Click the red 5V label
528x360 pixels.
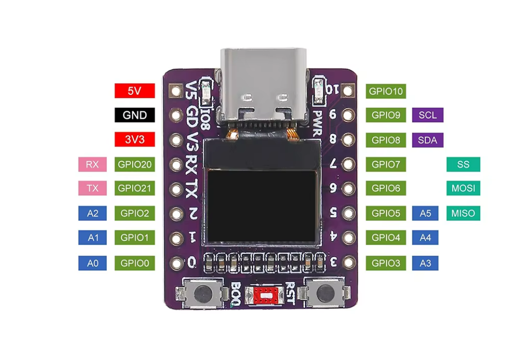click(x=135, y=91)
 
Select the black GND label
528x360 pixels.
click(x=135, y=115)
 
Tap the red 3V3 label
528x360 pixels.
click(x=135, y=139)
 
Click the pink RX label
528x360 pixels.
click(x=92, y=165)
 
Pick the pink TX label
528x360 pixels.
click(x=92, y=189)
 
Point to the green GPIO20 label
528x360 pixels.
click(x=135, y=165)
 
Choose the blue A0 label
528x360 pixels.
click(x=92, y=263)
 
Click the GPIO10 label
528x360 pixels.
click(x=386, y=91)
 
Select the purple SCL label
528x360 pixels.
click(x=427, y=115)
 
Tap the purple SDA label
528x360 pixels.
click(x=427, y=140)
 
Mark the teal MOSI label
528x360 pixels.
click(x=463, y=189)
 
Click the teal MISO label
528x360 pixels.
click(x=463, y=213)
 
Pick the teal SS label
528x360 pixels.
click(x=463, y=165)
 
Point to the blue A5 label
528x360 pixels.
click(x=425, y=213)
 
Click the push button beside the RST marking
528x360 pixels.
click(x=324, y=294)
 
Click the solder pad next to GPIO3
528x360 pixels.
click(x=348, y=263)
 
